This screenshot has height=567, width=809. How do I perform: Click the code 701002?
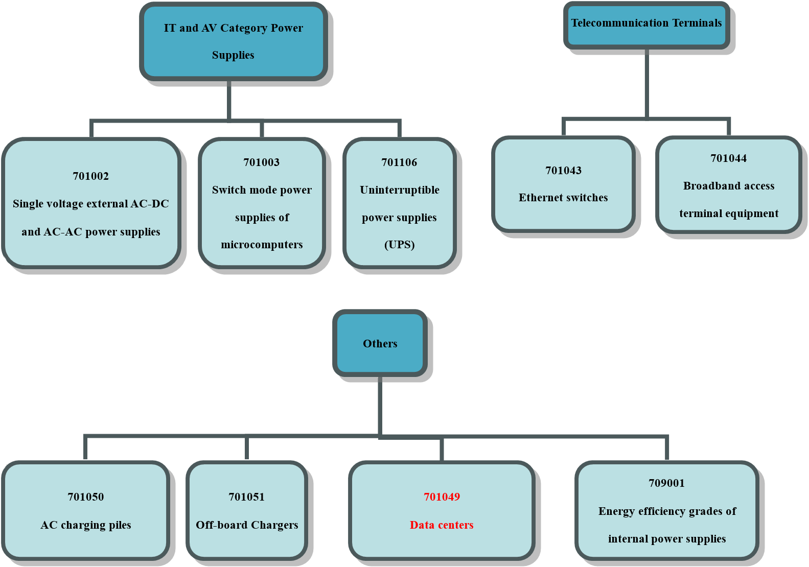[90, 176]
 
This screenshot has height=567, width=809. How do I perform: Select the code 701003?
[261, 162]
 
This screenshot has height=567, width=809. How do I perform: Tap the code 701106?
[399, 162]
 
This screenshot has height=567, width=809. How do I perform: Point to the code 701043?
[563, 171]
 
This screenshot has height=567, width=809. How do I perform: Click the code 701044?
[728, 158]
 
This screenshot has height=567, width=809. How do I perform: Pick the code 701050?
[85, 497]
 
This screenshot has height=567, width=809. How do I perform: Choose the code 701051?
[246, 497]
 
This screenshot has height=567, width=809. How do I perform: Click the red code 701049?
[442, 497]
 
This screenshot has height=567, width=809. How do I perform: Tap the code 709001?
[666, 483]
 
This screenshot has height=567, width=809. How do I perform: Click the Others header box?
[380, 343]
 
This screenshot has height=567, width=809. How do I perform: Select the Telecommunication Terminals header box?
[646, 25]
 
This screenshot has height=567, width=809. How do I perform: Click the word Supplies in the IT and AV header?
[233, 55]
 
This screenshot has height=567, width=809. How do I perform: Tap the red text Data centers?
[442, 525]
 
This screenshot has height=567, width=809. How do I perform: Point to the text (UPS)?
[399, 245]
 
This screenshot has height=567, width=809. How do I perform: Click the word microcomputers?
[262, 245]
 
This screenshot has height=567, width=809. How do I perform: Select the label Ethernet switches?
[563, 198]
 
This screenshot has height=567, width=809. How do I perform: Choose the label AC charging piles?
[85, 525]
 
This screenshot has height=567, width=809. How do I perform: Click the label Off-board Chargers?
[247, 525]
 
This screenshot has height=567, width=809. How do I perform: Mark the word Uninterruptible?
[399, 190]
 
